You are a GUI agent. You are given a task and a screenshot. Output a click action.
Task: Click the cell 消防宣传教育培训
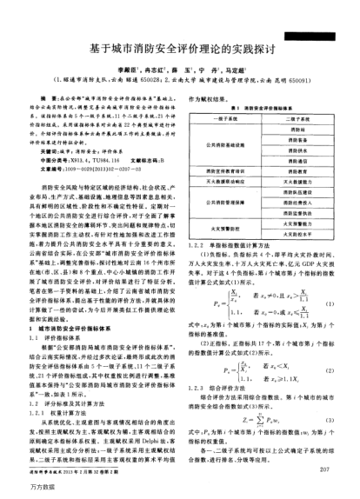221,172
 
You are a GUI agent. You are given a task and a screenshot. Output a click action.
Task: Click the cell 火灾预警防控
221,233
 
